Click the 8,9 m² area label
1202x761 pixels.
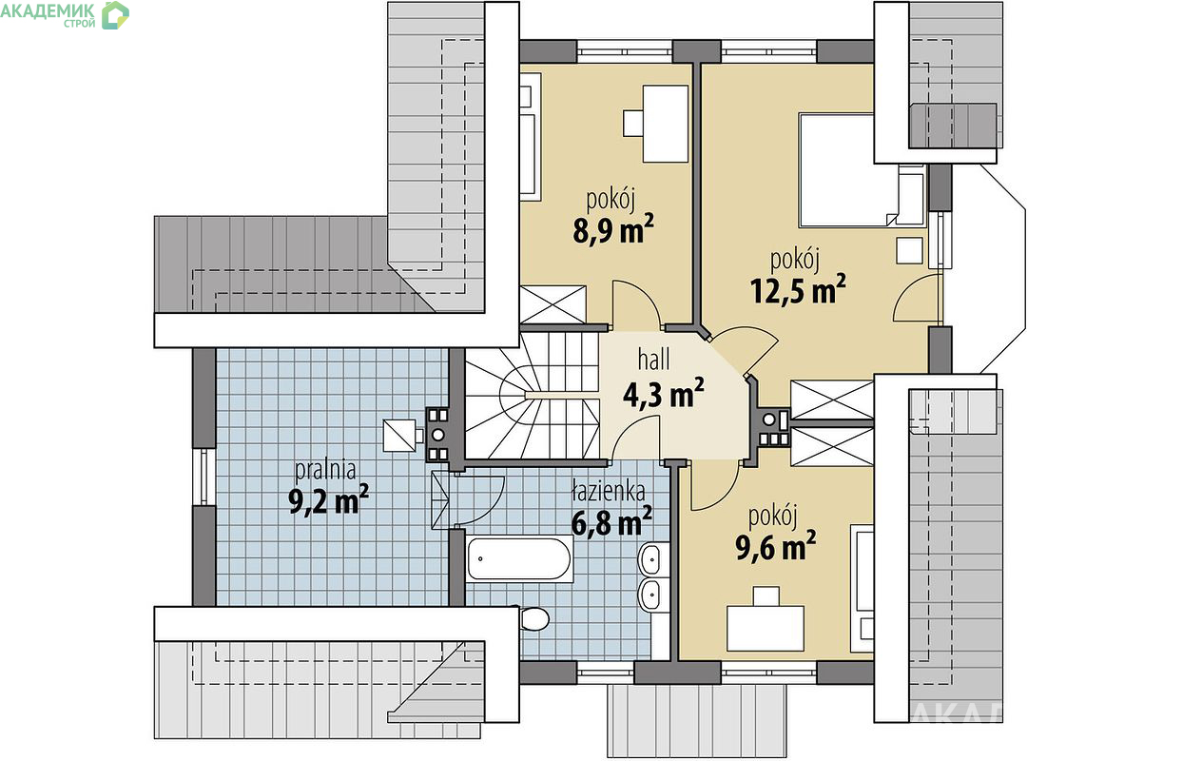613,229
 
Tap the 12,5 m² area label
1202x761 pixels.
798,290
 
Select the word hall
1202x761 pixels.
653,359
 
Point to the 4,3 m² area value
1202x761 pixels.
663,394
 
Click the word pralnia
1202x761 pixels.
325,470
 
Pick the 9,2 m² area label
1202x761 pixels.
328,499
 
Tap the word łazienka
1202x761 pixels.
608,491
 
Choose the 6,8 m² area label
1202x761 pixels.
611,521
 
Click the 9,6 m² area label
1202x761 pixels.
775,546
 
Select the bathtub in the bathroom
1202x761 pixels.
519,558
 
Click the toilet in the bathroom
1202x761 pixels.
533,618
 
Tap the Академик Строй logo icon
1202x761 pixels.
115,15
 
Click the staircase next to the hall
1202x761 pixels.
533,397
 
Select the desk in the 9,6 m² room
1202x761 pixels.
765,628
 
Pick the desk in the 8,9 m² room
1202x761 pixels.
666,124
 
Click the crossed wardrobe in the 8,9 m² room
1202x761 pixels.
553,305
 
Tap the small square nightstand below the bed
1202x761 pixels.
909,250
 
